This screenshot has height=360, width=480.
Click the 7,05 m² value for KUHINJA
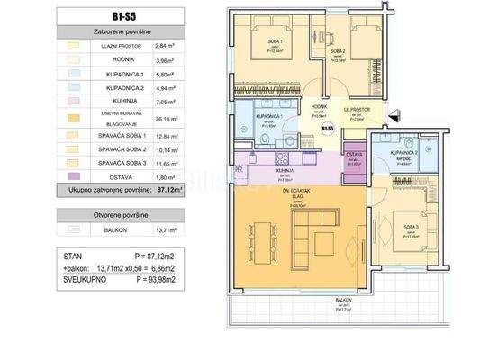pos(163,117)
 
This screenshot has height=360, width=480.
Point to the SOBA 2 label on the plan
pos(339,53)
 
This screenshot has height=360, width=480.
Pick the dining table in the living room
pos(263,238)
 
